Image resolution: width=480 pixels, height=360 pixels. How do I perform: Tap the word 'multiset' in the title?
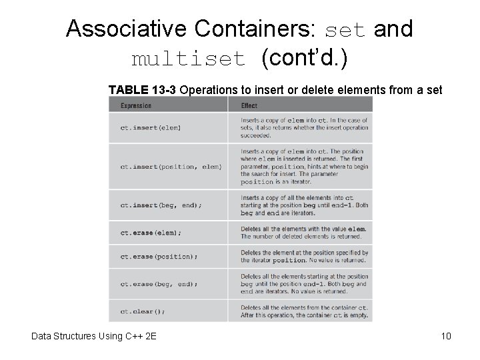click(189, 59)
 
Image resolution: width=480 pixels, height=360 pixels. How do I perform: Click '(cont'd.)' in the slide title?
click(304, 59)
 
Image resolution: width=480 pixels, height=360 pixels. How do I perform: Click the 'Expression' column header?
click(136, 105)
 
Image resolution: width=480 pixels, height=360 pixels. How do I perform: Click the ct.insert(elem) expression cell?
click(151, 127)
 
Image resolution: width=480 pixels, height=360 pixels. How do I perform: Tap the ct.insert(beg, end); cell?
click(159, 205)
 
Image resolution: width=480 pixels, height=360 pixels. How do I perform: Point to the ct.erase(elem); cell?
click(151, 233)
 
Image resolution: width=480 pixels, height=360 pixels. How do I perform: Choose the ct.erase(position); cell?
click(159, 257)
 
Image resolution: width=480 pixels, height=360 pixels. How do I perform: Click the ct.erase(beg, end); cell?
click(159, 284)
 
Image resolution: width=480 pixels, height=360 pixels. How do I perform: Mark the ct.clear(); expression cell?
click(143, 311)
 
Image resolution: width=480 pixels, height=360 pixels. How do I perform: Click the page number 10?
click(446, 336)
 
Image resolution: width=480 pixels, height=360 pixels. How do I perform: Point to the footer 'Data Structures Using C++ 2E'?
click(93, 336)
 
